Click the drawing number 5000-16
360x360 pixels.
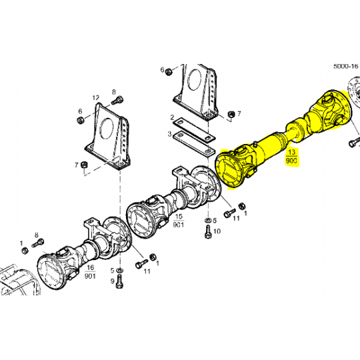click(x=345, y=67)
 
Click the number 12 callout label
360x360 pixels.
click(x=95, y=97)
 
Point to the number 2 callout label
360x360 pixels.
click(x=172, y=119)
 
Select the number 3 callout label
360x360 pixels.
click(x=170, y=133)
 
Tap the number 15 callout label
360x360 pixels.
click(x=179, y=217)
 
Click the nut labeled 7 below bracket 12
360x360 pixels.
click(x=84, y=165)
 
